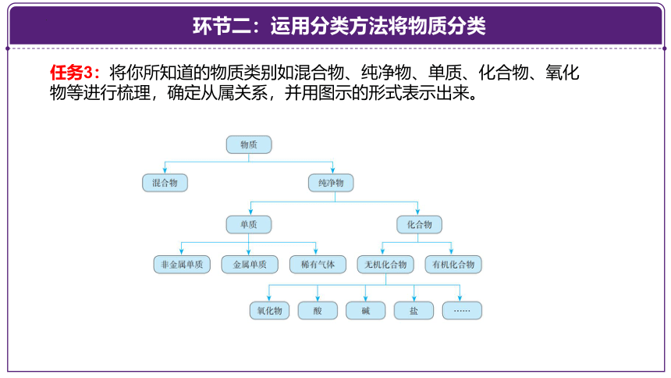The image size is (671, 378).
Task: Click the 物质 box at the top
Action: click(x=249, y=144)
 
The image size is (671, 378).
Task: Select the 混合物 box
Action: click(x=165, y=183)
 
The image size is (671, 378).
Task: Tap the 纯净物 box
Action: click(x=331, y=183)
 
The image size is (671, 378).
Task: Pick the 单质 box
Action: click(x=249, y=225)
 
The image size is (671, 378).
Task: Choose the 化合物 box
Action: click(x=420, y=225)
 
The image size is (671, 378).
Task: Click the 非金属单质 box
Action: click(x=182, y=265)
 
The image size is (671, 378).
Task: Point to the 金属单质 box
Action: click(x=250, y=265)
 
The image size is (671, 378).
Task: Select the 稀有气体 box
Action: click(x=318, y=265)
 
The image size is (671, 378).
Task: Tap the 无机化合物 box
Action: click(x=385, y=265)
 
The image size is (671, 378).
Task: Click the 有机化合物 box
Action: click(x=453, y=265)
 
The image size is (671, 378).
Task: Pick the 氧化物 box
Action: click(x=269, y=311)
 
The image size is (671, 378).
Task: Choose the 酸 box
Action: click(x=318, y=311)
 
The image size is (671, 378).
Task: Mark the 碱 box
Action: click(x=365, y=311)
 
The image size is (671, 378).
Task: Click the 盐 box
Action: click(x=414, y=311)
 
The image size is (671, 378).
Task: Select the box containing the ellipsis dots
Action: click(x=462, y=311)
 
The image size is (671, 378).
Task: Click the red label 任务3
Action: click(x=72, y=73)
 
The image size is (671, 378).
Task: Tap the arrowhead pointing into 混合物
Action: click(x=165, y=170)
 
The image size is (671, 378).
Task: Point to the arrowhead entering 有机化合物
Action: click(x=451, y=251)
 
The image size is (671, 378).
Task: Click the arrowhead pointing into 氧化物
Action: click(x=268, y=298)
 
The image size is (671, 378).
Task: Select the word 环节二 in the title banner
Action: click(x=222, y=26)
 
